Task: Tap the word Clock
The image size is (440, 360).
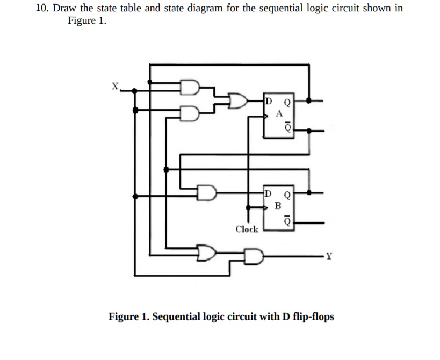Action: pos(247,229)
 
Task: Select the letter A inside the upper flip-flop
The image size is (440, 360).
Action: pos(278,113)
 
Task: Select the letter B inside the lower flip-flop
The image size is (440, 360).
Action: pos(278,205)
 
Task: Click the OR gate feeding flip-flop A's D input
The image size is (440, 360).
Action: pos(238,100)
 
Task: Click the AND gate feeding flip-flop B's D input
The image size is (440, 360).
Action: pos(206,192)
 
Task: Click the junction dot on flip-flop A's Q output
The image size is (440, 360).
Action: pos(309,100)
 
